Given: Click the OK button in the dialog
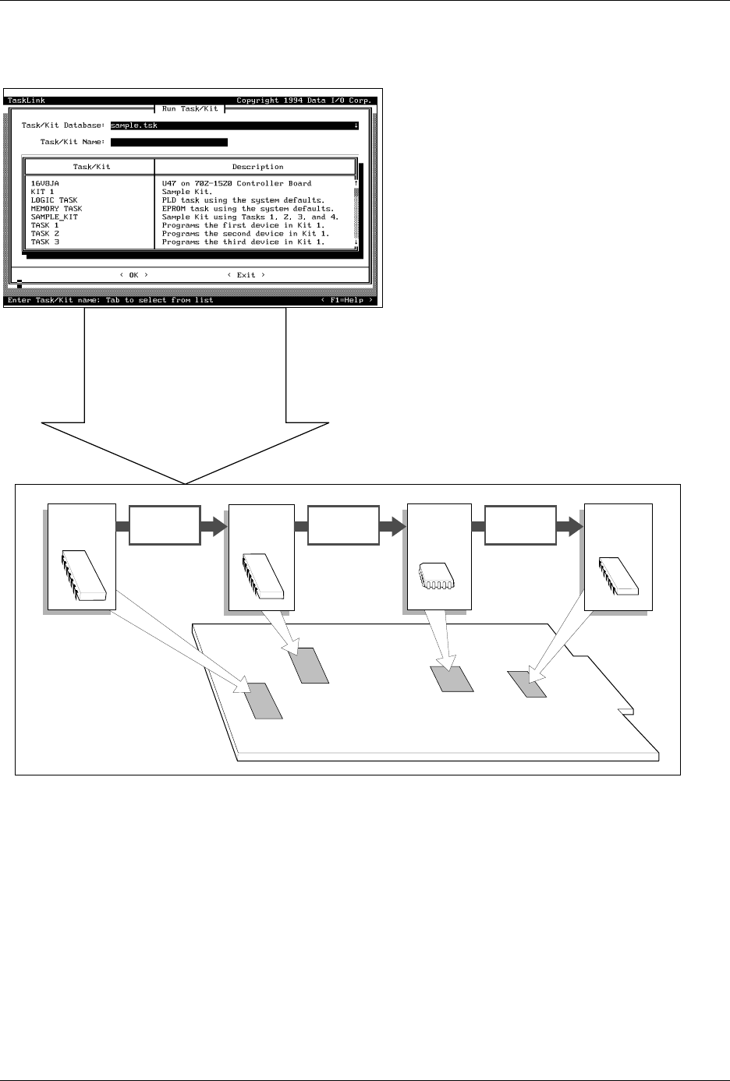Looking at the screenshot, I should (133, 274).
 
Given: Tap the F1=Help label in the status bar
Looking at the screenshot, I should (347, 300).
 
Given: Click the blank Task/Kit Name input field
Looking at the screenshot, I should (169, 142).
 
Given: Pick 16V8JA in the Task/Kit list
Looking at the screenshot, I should (45, 184).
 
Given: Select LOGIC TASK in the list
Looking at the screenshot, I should (54, 200).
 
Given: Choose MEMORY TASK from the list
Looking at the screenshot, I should (56, 209).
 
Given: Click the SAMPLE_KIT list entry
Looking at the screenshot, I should (54, 217).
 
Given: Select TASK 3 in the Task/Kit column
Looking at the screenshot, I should (44, 242).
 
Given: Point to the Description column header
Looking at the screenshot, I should (257, 167).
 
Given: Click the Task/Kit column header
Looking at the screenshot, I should (91, 167).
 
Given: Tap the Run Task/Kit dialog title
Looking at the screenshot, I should (190, 109).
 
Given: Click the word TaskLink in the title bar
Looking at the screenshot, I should (26, 101).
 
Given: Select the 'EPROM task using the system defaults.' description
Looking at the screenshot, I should (248, 209).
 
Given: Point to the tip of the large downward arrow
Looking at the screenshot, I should (186, 482).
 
